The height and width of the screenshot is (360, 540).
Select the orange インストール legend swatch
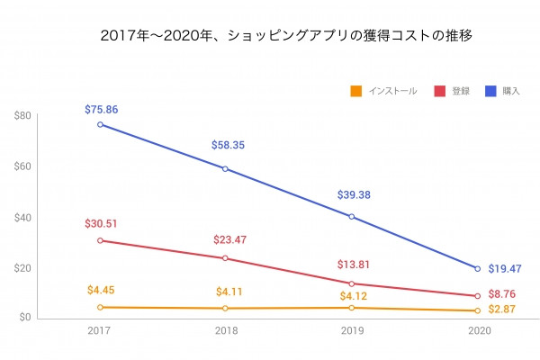356,91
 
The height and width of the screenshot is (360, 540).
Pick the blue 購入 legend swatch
490,91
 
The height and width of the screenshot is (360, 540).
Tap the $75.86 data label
101,109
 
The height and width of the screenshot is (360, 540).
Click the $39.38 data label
353,194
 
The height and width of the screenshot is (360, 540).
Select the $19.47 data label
505,268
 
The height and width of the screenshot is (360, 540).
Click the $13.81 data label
353,265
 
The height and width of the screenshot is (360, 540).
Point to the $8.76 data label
502,293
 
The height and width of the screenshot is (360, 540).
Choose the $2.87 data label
502,309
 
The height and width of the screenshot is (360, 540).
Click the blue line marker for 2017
101,124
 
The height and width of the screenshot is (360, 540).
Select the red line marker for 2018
226,258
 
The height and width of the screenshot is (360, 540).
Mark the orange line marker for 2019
351,308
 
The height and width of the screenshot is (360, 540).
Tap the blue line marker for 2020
476,268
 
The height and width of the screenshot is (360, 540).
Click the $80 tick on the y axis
23,115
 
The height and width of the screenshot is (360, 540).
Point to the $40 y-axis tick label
23,217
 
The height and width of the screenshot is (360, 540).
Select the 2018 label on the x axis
226,331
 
